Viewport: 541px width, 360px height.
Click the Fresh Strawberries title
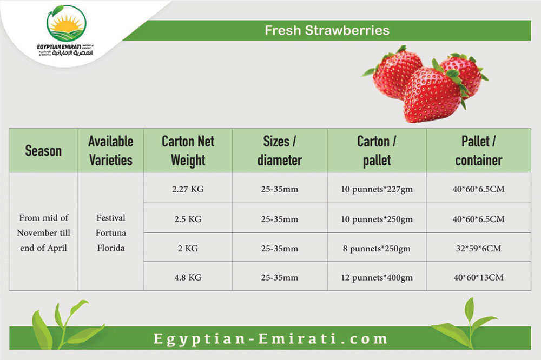tap(327, 30)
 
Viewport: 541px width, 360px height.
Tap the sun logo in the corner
tap(66, 24)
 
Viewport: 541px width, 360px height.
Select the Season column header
tap(43, 151)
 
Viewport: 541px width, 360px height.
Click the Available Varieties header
tap(111, 151)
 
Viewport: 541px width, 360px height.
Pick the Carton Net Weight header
tap(188, 151)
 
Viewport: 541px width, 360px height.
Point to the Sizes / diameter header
tap(280, 151)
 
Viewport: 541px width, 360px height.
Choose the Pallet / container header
tap(479, 151)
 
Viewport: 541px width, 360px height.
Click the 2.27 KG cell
tap(188, 189)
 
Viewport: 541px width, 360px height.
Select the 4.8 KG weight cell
tap(188, 277)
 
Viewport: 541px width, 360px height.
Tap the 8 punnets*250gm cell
tap(377, 249)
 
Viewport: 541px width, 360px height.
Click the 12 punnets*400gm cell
tap(377, 278)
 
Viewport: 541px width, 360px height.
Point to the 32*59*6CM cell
tap(479, 248)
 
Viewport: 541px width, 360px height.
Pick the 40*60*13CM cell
tap(479, 277)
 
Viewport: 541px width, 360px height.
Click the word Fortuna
tap(111, 233)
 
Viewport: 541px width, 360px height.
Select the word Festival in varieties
tap(111, 218)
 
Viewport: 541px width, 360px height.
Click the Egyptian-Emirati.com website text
tap(270, 338)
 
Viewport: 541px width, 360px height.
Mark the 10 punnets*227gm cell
tap(377, 189)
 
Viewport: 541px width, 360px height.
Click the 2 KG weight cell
tap(188, 248)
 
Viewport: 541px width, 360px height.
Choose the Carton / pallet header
tap(377, 151)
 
